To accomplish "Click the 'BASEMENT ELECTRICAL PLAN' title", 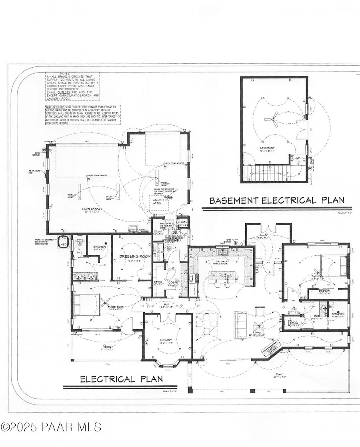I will pos(277,200).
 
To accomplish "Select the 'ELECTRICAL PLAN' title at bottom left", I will pos(122,379).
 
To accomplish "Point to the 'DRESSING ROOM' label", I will pos(132,256).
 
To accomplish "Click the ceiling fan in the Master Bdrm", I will pos(105,301).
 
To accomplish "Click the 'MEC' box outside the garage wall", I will pos(63,243).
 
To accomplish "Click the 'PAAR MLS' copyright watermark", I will pos(51,427).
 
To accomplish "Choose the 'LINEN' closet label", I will pos(183,222).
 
